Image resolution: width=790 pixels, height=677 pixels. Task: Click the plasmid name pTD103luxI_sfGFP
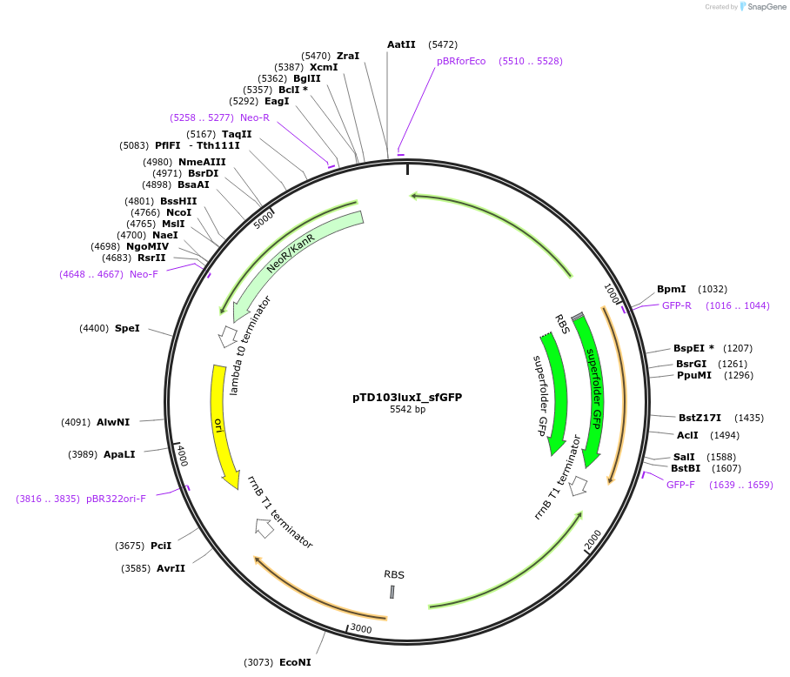(x=406, y=397)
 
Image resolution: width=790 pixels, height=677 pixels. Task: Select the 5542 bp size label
(x=407, y=409)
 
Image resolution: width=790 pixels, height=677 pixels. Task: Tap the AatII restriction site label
(x=401, y=44)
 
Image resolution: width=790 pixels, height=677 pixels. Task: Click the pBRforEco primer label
(x=461, y=61)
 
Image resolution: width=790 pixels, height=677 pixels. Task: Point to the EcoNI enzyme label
(x=295, y=662)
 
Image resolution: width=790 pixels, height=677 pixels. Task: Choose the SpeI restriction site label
(x=126, y=328)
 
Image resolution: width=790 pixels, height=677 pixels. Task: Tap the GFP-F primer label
(x=680, y=485)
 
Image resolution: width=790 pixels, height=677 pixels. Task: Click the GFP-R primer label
(x=676, y=305)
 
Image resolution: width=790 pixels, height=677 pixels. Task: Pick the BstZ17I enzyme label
(x=700, y=418)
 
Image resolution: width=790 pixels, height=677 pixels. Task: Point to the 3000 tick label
(x=360, y=629)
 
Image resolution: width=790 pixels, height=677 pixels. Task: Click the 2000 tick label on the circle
(x=592, y=540)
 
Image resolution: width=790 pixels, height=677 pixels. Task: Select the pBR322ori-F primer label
(x=116, y=499)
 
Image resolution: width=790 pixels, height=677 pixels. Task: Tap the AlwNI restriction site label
(x=113, y=422)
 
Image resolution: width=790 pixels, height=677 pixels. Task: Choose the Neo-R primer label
(x=255, y=117)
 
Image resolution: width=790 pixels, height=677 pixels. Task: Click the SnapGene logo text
(x=766, y=7)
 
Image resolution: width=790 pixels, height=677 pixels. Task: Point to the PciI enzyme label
(x=161, y=546)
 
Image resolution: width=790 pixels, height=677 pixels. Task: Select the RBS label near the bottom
(x=394, y=574)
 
